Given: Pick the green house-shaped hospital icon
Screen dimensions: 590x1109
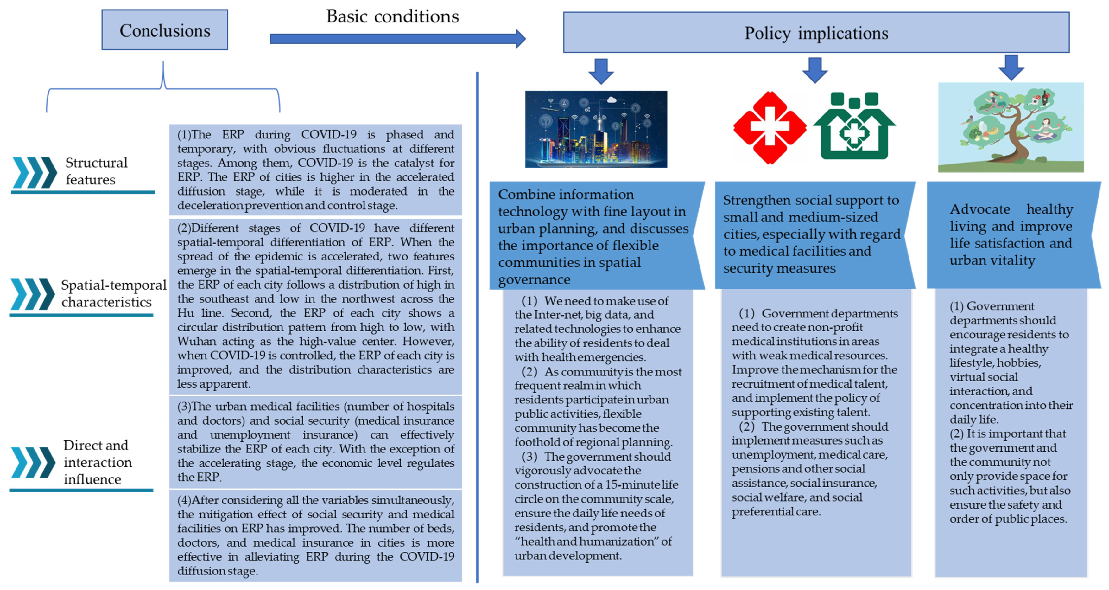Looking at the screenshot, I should pyautogui.click(x=854, y=126).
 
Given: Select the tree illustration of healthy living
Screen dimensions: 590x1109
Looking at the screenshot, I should pyautogui.click(x=1011, y=127).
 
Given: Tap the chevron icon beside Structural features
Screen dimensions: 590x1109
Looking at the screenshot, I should pyautogui.click(x=35, y=172).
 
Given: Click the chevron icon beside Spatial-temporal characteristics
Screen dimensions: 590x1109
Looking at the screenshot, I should pyautogui.click(x=33, y=294).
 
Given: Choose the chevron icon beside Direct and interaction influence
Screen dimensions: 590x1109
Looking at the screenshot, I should pyautogui.click(x=33, y=463).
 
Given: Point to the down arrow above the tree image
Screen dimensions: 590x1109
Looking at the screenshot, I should pyautogui.click(x=1011, y=67).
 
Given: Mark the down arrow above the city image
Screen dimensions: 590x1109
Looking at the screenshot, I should pyautogui.click(x=601, y=71).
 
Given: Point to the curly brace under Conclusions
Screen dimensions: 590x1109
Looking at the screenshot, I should pyautogui.click(x=163, y=88).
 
